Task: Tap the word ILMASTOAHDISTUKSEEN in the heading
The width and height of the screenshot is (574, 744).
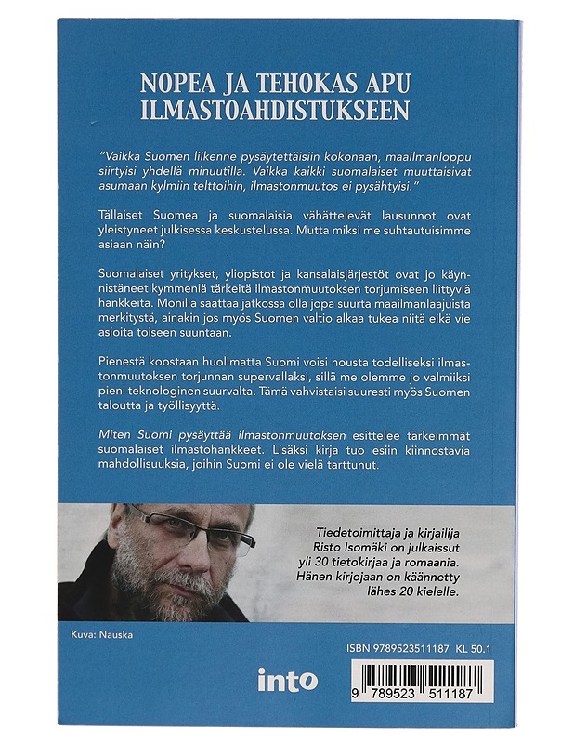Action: pyautogui.click(x=274, y=111)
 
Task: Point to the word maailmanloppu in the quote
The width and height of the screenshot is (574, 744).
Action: pyautogui.click(x=416, y=159)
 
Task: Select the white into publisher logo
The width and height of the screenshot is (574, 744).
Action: pyautogui.click(x=287, y=680)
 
